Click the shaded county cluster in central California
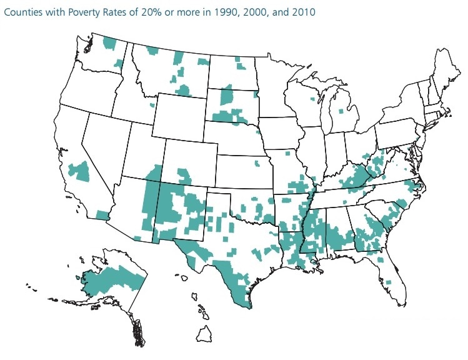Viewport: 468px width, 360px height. tap(79, 171)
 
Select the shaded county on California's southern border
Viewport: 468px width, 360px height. tap(102, 215)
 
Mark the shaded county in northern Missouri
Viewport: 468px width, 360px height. tap(287, 153)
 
